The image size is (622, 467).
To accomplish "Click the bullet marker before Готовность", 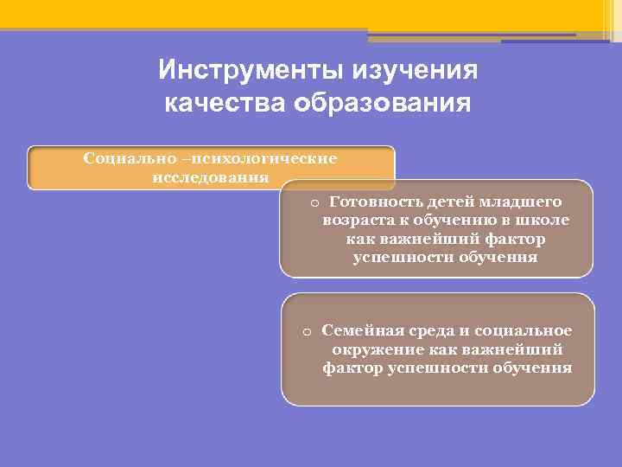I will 314,202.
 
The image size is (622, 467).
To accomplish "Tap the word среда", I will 425,330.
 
